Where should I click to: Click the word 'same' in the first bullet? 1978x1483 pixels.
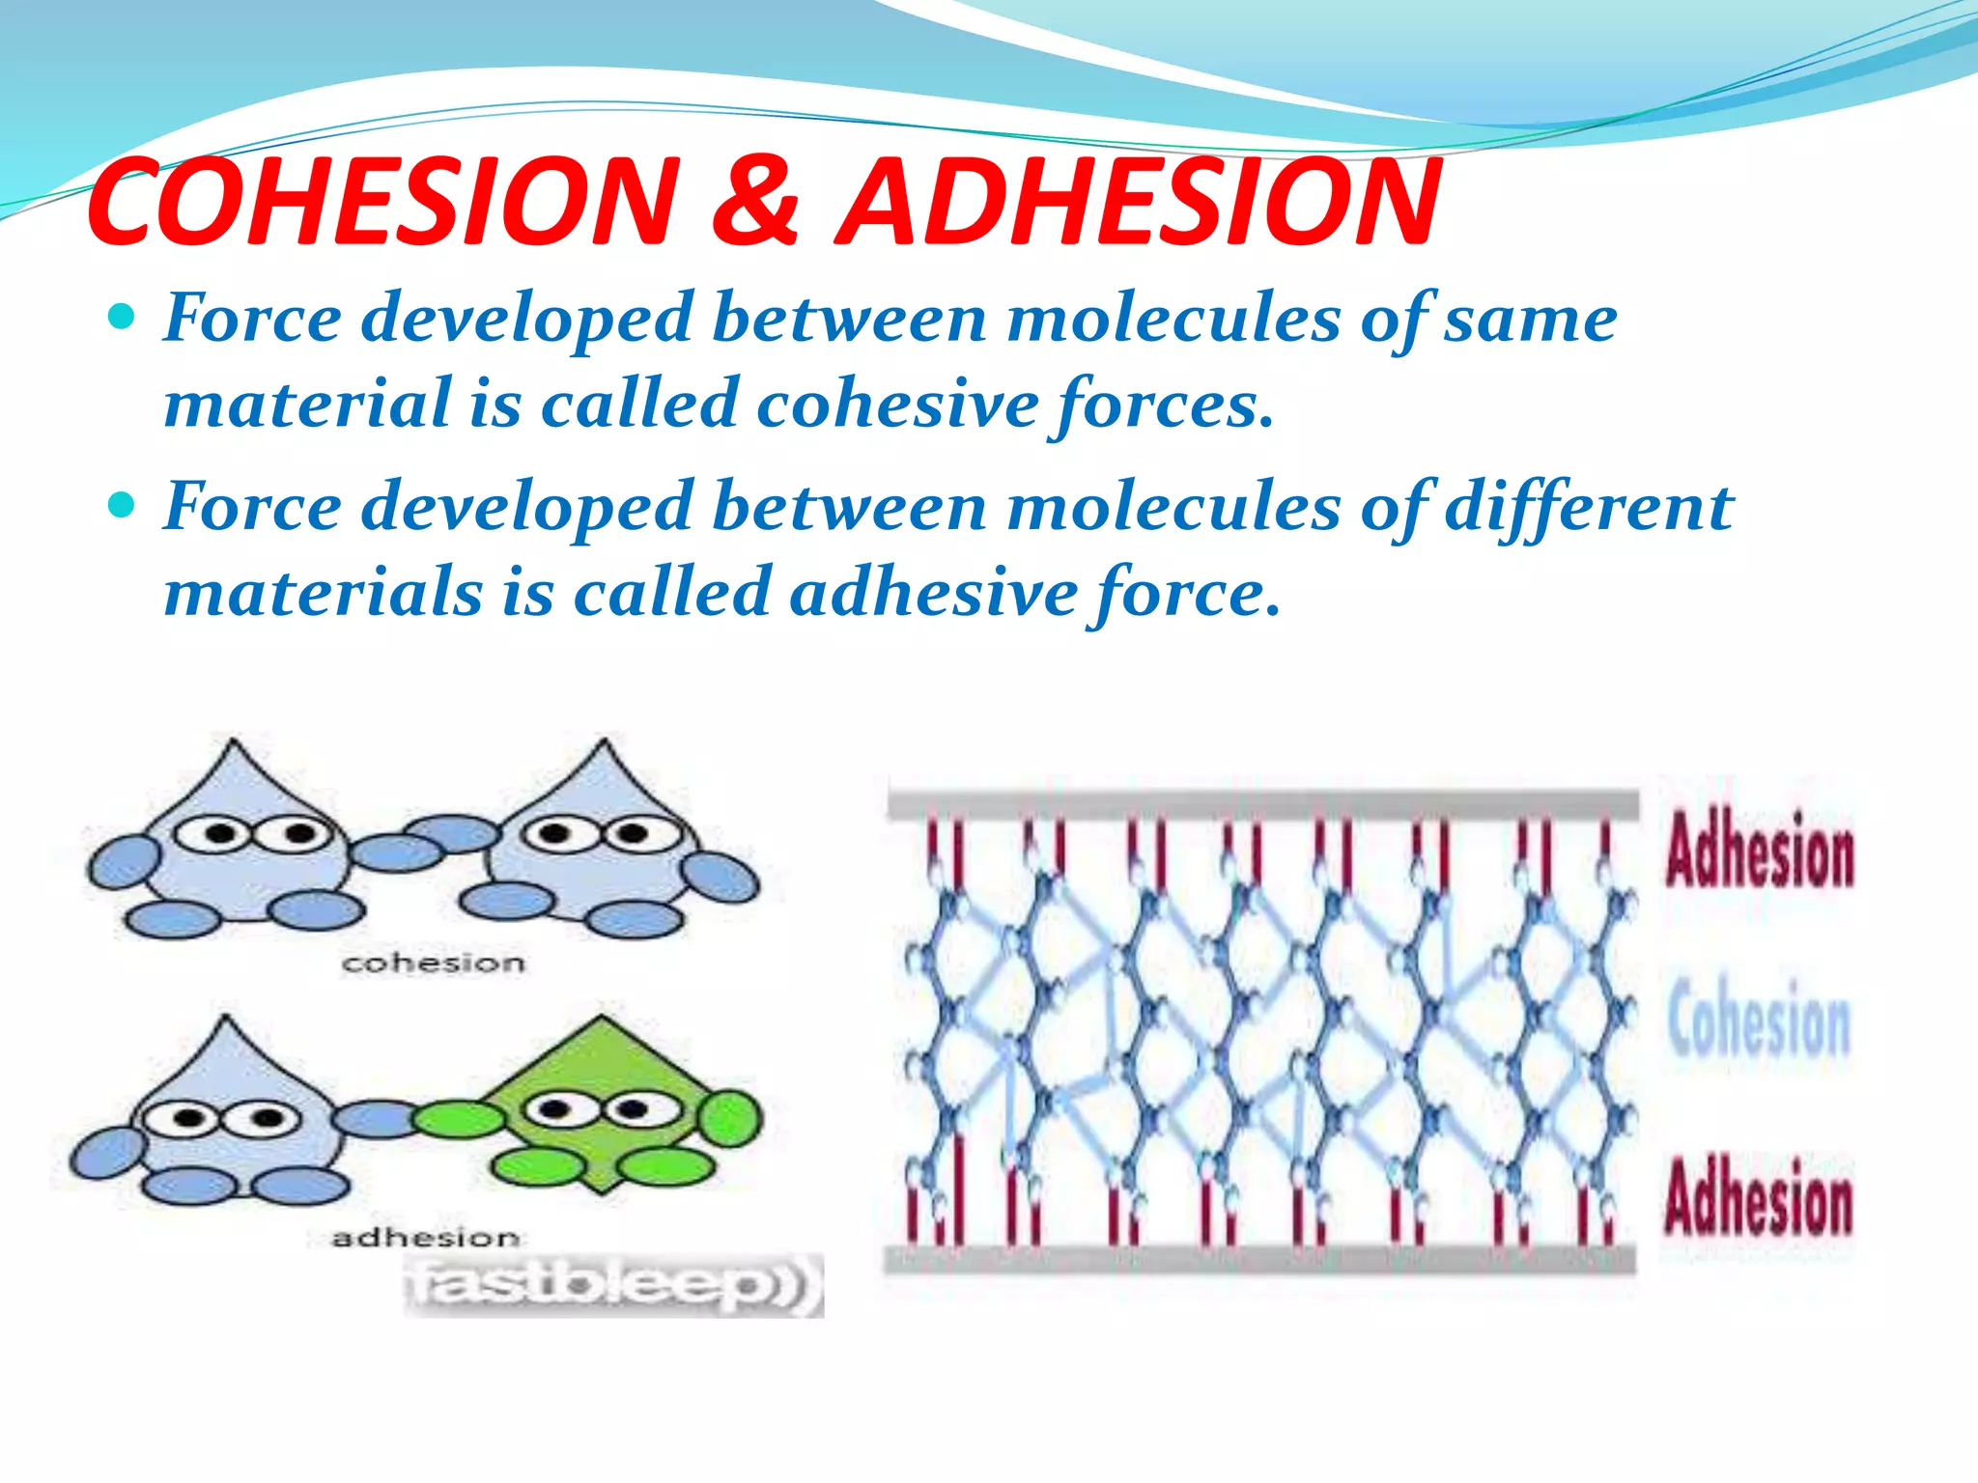1530,319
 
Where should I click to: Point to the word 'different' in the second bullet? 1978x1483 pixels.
1589,507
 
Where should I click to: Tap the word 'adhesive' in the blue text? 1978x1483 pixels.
932,591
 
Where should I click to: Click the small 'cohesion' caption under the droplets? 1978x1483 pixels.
434,963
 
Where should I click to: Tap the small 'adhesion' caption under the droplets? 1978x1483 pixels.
425,1237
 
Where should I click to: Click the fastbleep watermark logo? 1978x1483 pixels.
613,1285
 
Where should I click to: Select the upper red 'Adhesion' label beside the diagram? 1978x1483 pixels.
1759,850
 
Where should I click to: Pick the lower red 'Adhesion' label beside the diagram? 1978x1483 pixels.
1759,1197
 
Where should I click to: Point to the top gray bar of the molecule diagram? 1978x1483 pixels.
1262,804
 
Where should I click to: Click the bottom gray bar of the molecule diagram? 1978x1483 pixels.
1260,1259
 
